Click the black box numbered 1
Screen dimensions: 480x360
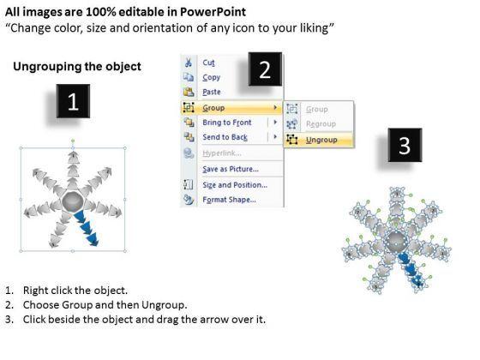point(73,101)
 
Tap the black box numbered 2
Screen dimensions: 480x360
point(265,69)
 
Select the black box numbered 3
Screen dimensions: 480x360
point(405,145)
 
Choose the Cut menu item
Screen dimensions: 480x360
point(208,63)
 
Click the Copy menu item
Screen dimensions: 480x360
point(211,77)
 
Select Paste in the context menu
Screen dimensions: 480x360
point(212,92)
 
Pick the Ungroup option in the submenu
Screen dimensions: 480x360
point(321,140)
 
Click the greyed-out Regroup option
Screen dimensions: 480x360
point(321,124)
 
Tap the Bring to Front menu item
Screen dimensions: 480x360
point(227,123)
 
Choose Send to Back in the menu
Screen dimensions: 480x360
point(225,137)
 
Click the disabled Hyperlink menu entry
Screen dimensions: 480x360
point(222,153)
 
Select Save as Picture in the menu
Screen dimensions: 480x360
point(231,169)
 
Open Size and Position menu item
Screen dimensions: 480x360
point(235,185)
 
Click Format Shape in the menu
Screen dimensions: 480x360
point(229,200)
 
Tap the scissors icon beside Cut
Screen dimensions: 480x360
point(189,63)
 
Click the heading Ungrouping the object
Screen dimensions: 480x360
point(77,67)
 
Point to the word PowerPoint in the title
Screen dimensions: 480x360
point(213,12)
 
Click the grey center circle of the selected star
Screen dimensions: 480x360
point(72,201)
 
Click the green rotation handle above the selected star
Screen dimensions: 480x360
point(73,141)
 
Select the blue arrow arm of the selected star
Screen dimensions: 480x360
point(87,228)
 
